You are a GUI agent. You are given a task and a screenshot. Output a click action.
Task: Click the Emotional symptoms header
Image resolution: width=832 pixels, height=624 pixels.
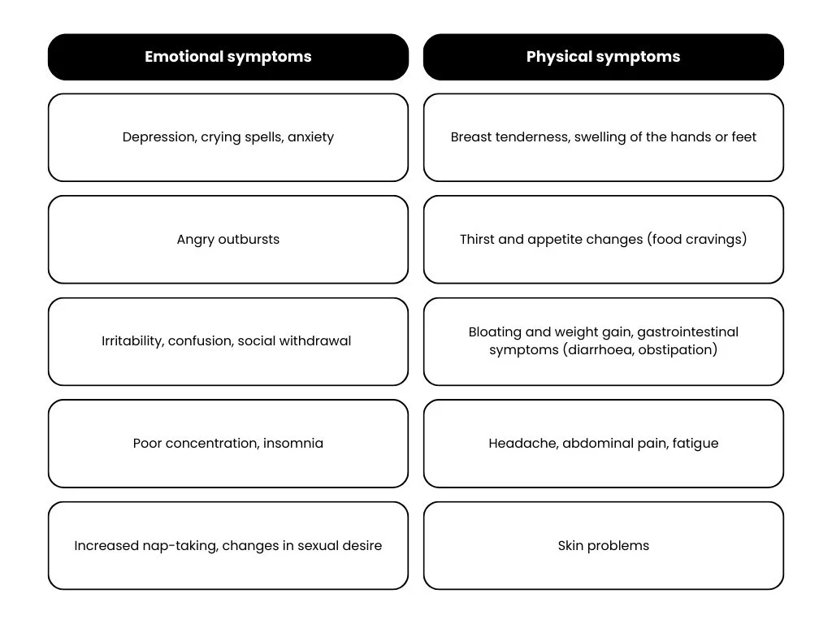point(228,58)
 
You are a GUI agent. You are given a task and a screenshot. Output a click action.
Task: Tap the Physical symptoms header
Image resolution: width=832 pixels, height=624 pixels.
point(604,58)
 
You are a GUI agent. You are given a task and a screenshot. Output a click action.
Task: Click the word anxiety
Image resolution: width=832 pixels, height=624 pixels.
point(311,137)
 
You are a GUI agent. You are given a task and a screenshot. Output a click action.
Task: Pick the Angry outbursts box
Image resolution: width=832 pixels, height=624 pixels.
point(228,240)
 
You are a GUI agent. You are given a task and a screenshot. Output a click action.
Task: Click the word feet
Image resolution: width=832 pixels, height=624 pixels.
point(744,136)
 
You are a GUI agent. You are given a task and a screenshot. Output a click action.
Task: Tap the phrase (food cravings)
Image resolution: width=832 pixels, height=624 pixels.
point(696,240)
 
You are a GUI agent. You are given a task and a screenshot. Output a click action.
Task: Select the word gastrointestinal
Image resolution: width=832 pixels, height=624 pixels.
point(687,332)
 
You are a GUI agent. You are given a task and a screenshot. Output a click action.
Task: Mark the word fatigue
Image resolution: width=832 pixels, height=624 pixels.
point(695,444)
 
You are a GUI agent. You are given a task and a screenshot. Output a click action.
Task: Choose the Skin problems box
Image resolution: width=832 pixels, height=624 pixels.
point(604,545)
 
